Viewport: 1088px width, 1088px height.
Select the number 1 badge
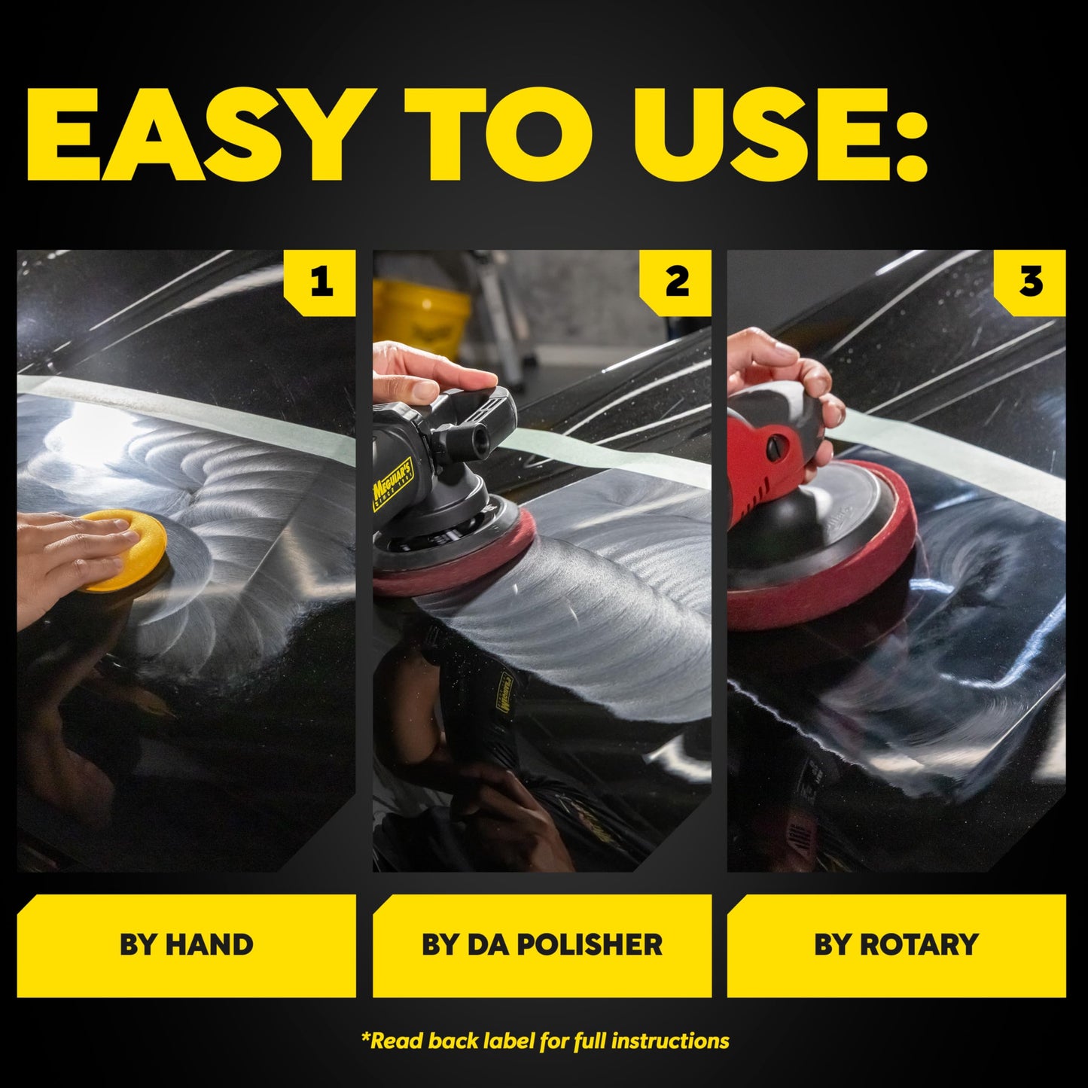(321, 282)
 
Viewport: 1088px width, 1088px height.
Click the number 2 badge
(676, 282)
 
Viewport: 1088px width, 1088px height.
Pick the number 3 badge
(1030, 282)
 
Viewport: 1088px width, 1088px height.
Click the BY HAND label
(186, 945)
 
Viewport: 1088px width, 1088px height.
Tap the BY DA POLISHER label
(541, 945)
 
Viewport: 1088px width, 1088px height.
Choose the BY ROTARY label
(896, 945)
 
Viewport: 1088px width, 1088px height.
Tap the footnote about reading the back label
(544, 1041)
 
